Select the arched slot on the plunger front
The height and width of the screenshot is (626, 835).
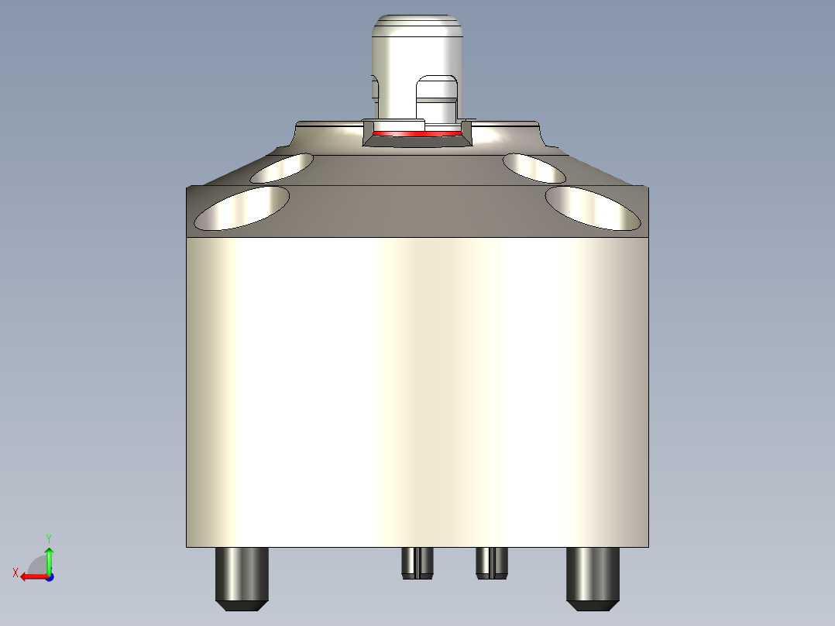click(x=438, y=97)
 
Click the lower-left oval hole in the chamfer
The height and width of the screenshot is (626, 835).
click(x=242, y=208)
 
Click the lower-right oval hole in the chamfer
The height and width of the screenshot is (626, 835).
click(x=594, y=208)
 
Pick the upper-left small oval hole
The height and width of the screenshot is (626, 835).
click(x=283, y=167)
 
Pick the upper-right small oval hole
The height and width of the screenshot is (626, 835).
click(x=534, y=167)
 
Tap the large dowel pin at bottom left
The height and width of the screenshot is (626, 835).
click(x=242, y=573)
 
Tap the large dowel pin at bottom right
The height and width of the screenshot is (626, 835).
click(x=593, y=573)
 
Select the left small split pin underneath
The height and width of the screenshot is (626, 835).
click(x=418, y=562)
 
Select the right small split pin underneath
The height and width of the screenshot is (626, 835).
click(x=492, y=562)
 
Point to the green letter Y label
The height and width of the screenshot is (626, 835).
click(x=49, y=537)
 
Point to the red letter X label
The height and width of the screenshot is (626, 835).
click(x=15, y=573)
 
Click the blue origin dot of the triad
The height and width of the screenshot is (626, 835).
click(x=49, y=576)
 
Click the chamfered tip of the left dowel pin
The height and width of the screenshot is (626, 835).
click(x=242, y=604)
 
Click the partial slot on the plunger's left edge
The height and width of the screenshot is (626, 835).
click(x=375, y=88)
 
